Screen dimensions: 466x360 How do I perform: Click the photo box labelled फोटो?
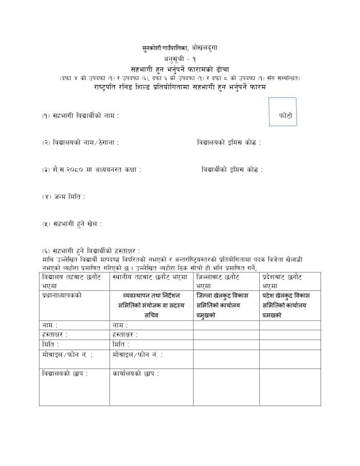(283, 112)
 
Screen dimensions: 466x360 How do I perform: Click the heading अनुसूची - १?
(180, 59)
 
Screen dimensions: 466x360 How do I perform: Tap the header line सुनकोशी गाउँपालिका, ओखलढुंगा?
(180, 48)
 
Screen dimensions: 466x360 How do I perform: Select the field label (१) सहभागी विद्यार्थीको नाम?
(80, 116)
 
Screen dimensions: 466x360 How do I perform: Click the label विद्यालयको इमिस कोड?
(228, 142)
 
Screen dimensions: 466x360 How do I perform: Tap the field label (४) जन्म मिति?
(64, 196)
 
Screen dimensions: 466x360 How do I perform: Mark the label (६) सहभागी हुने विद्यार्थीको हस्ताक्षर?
(91, 250)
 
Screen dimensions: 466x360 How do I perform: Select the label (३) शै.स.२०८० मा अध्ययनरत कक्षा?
(91, 169)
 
